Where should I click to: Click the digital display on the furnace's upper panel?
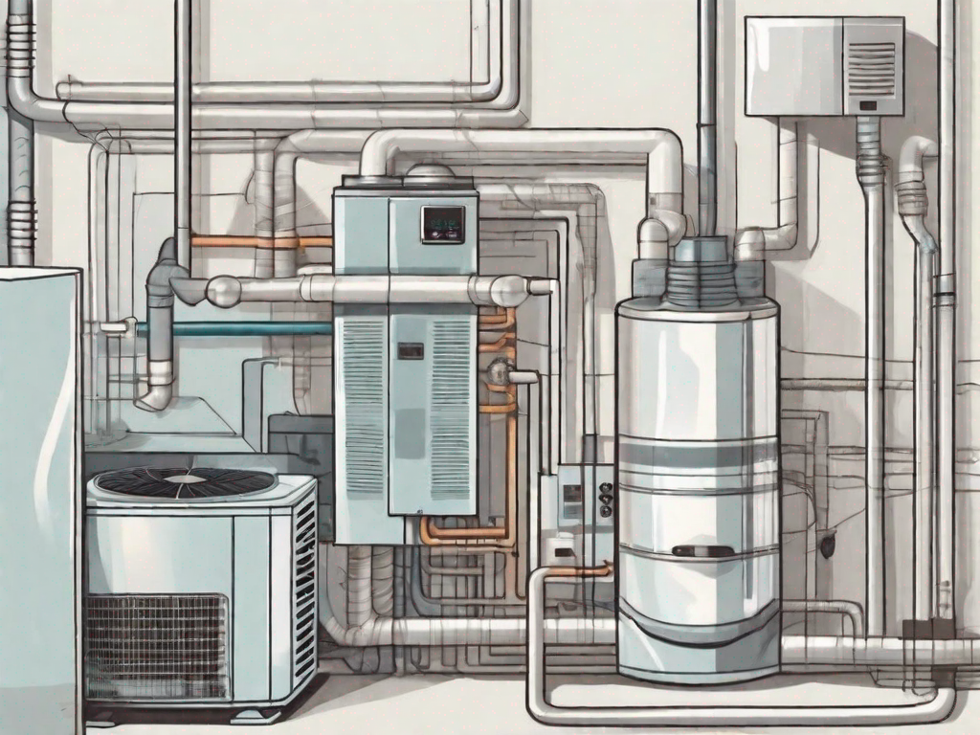[x=443, y=224]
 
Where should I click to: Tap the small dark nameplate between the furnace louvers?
[x=411, y=350]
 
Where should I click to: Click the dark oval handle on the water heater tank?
[x=702, y=550]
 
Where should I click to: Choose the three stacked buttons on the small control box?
[x=604, y=497]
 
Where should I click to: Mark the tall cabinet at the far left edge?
[x=38, y=498]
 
